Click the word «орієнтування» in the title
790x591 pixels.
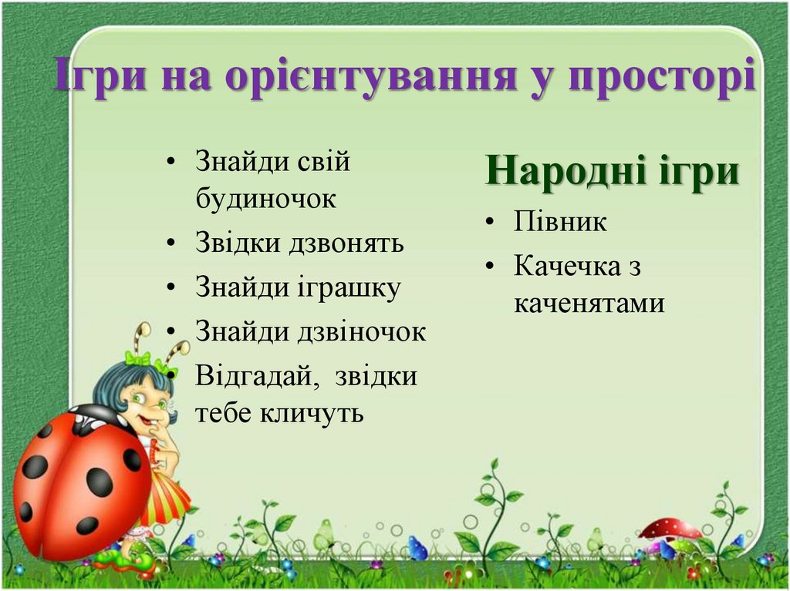click(366, 79)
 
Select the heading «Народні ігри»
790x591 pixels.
click(613, 171)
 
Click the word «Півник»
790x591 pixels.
click(560, 222)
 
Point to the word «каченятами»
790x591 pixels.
click(589, 303)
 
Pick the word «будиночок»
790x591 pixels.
click(265, 199)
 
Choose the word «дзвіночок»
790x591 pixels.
click(362, 332)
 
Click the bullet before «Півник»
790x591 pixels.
click(490, 223)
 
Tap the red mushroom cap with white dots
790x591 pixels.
click(670, 529)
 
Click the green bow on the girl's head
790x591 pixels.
click(138, 358)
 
